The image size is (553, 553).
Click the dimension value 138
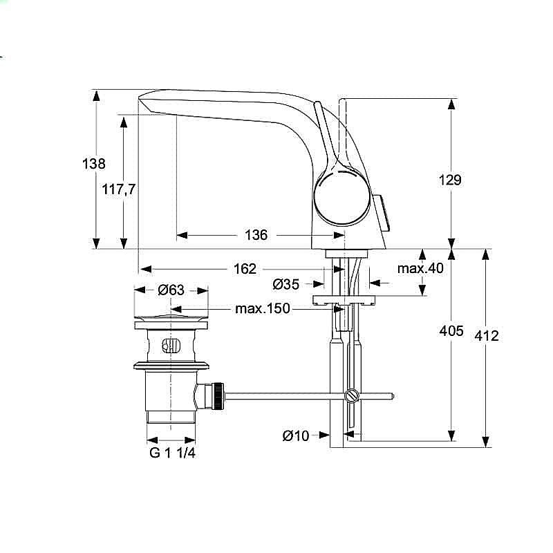point(94,164)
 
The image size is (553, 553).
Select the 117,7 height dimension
point(119,189)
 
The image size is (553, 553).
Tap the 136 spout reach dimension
point(256,235)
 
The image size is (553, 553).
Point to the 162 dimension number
point(245,268)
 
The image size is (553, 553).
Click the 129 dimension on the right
point(450,180)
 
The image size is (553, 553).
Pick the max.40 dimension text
point(420,268)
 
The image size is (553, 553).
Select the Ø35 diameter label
point(285,283)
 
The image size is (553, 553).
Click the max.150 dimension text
point(263,308)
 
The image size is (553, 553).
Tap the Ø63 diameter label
point(171,290)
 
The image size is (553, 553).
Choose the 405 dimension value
point(451,332)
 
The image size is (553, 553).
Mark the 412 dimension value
point(487,336)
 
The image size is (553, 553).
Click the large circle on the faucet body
point(342,198)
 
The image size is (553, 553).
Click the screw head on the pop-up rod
point(350,397)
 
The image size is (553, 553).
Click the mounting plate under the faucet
point(343,300)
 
